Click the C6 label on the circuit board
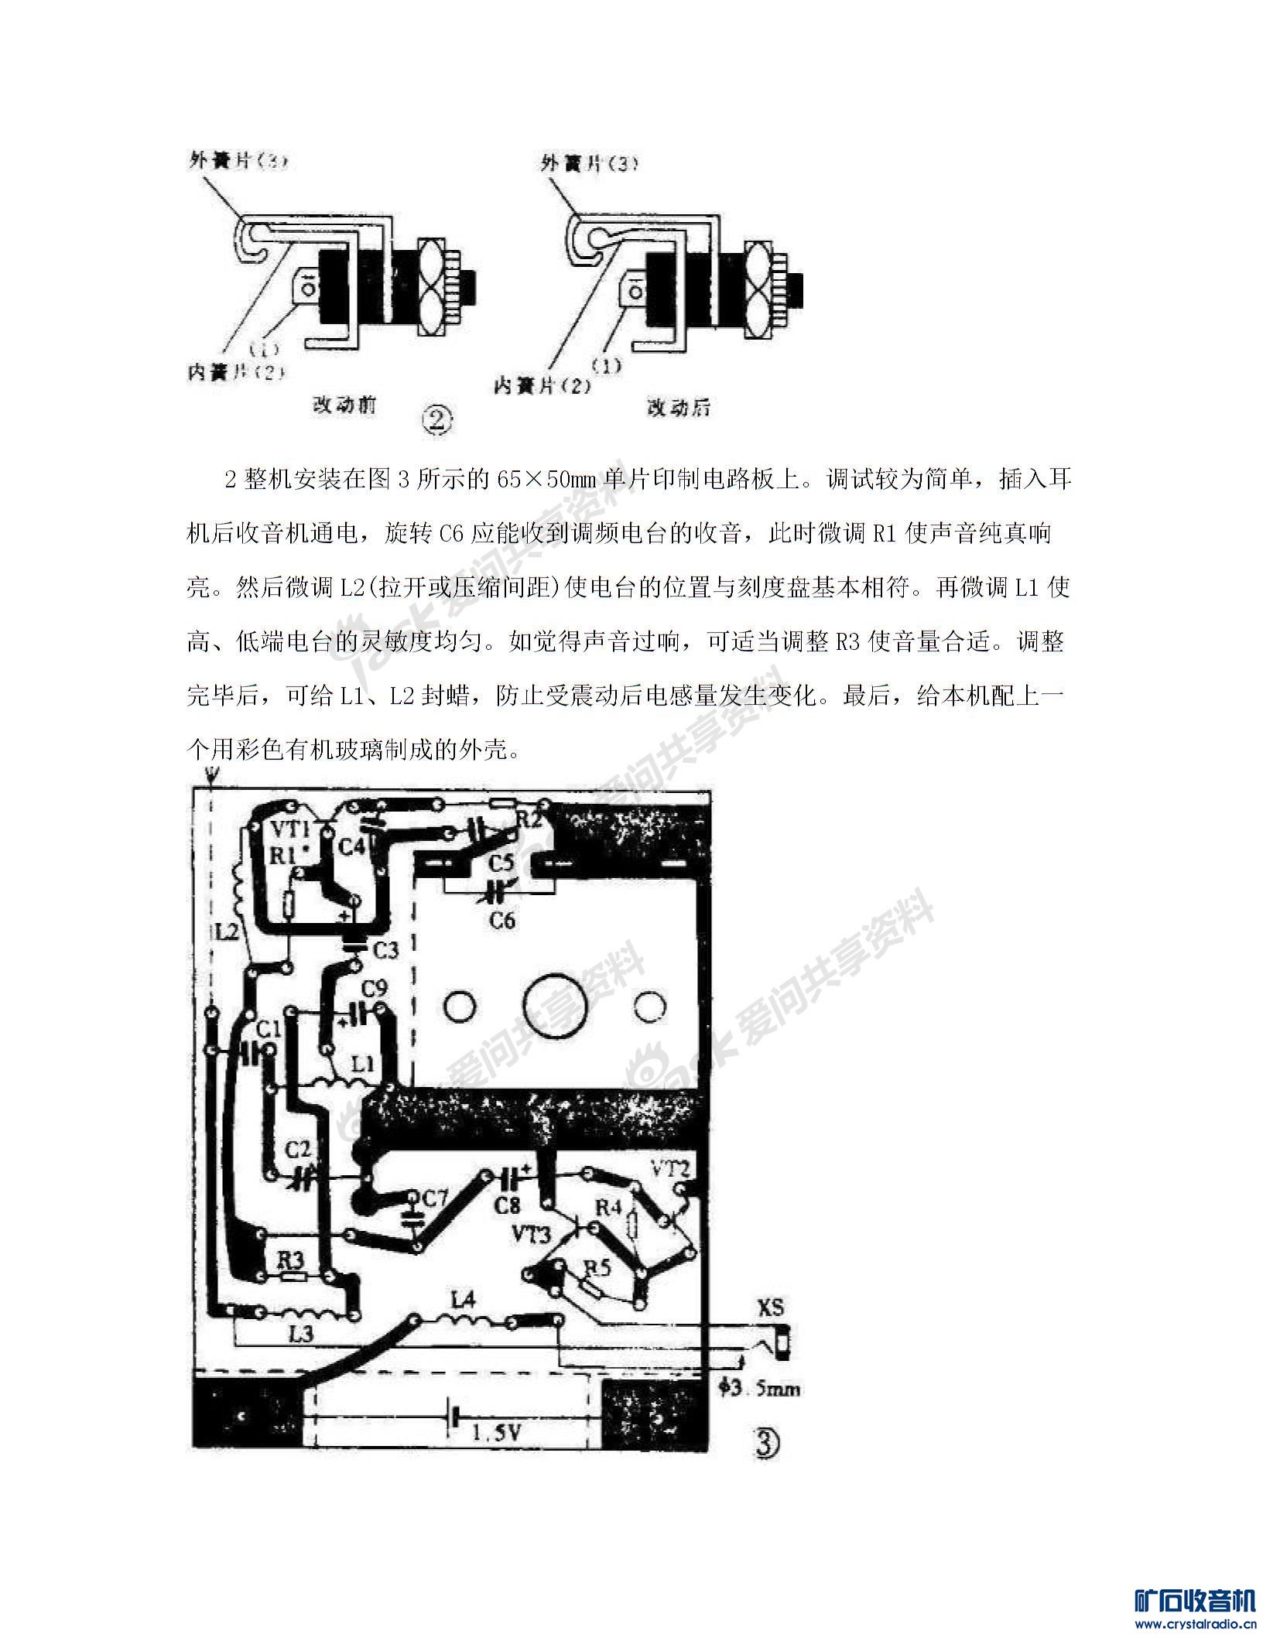click(x=502, y=920)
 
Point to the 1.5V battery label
click(x=497, y=1433)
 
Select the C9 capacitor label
click(x=374, y=988)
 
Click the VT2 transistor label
click(x=670, y=1167)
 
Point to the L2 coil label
click(x=227, y=933)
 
